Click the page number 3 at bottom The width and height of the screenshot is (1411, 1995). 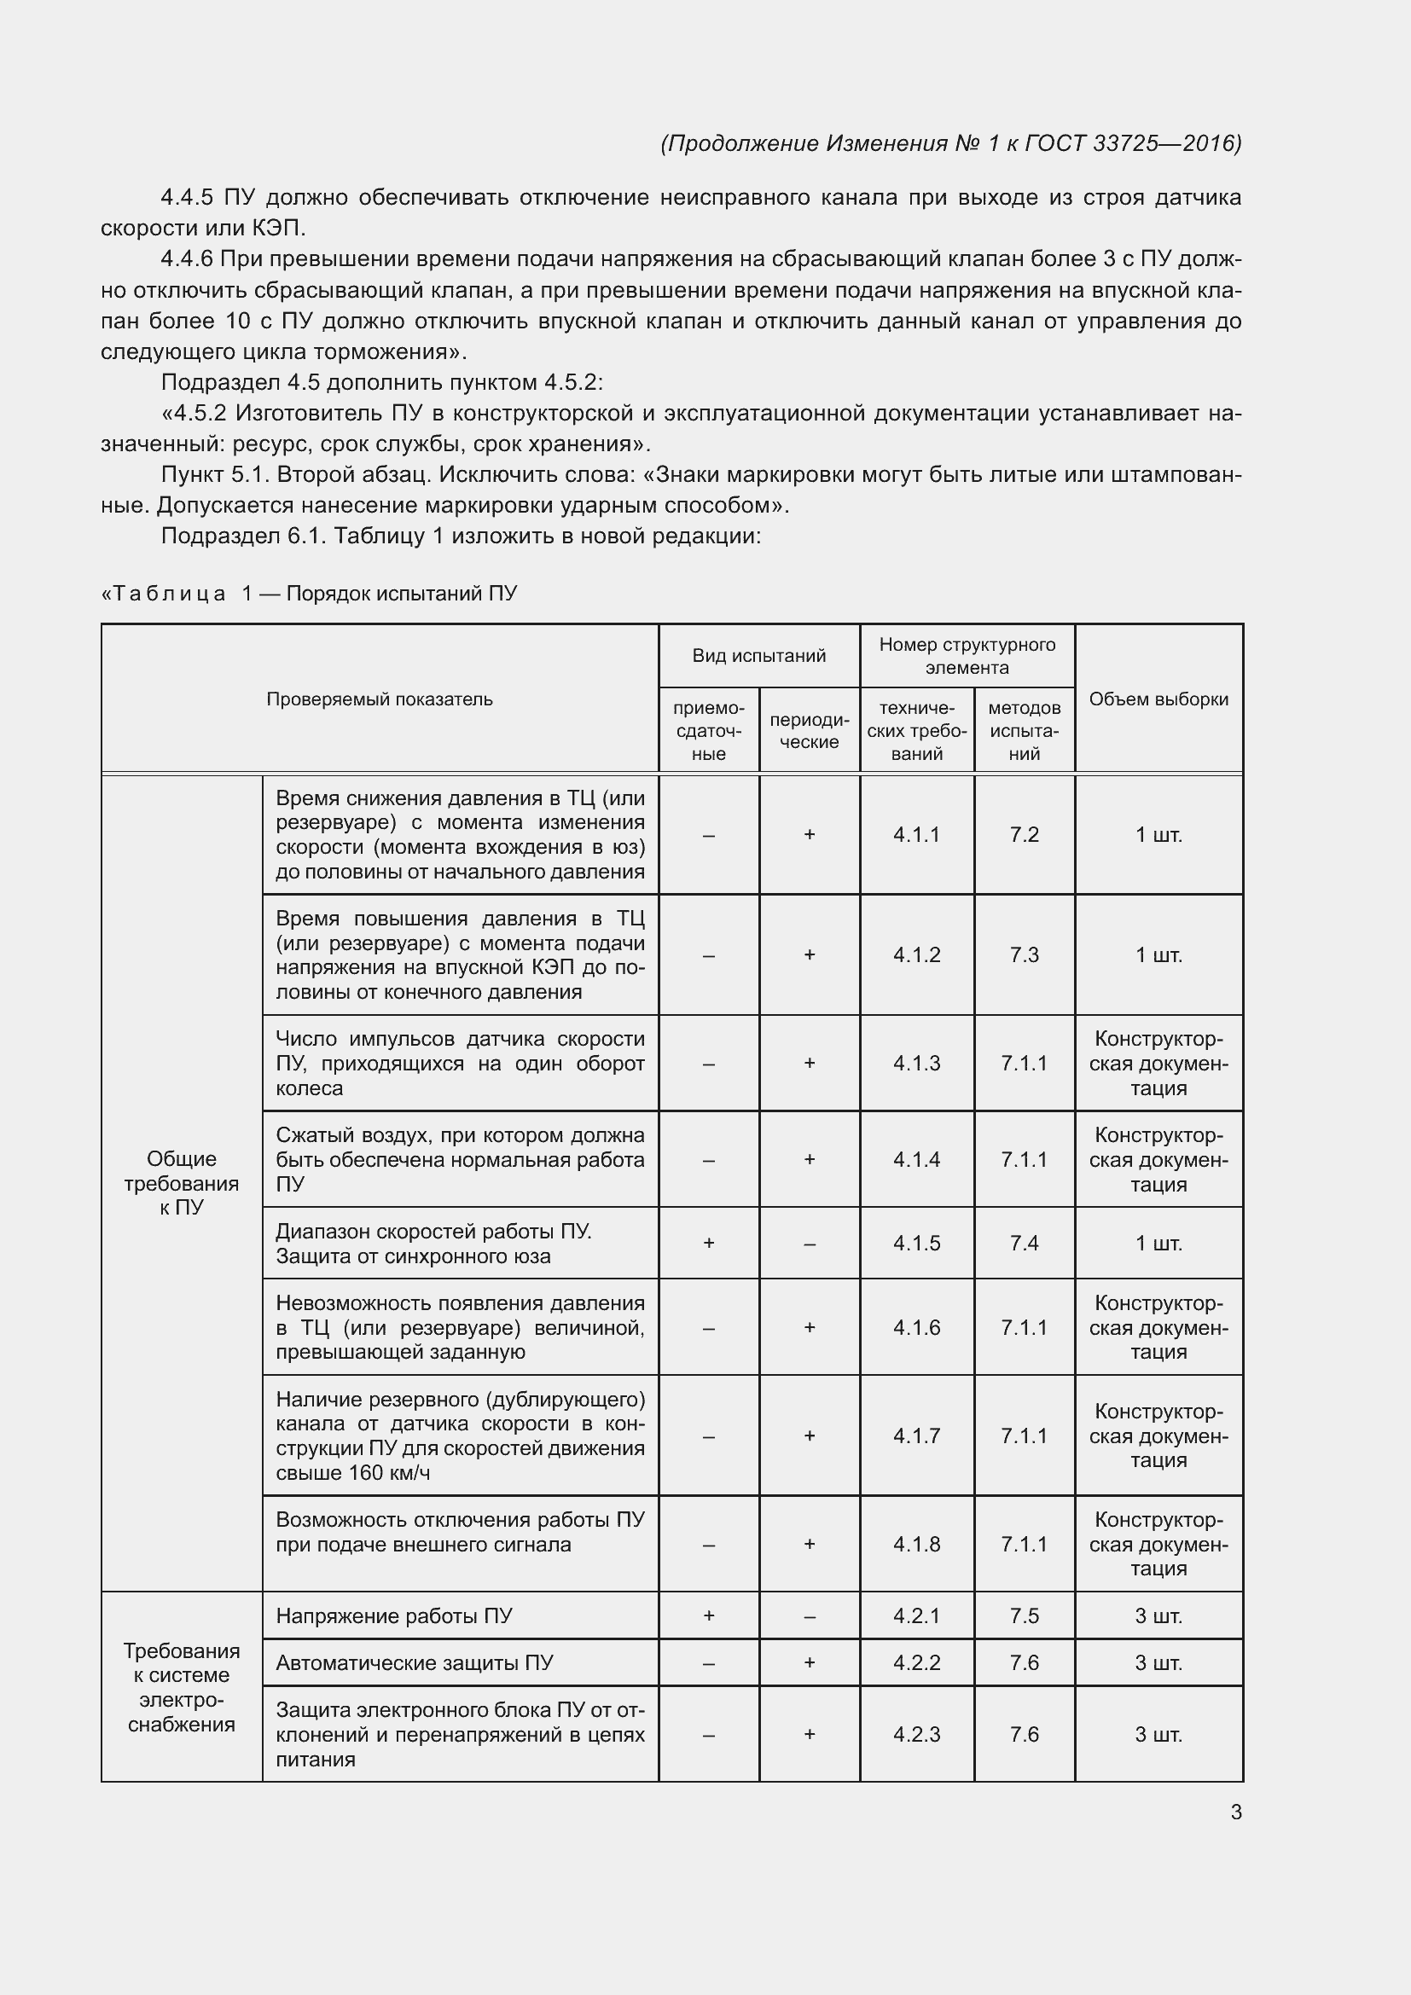[1235, 1812]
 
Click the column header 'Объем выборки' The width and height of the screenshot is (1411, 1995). [1158, 699]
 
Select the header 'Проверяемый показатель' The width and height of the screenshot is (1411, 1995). [379, 699]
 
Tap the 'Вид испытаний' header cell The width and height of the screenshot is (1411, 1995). [758, 655]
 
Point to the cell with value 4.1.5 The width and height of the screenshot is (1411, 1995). [916, 1243]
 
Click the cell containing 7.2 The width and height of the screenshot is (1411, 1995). [1025, 834]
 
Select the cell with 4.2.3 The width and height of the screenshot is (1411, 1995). [916, 1734]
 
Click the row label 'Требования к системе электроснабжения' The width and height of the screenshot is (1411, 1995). [182, 1687]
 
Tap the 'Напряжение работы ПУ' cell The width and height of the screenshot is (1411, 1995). [393, 1615]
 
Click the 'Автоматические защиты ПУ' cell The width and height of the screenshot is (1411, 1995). [415, 1662]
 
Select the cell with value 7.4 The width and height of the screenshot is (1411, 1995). [1025, 1243]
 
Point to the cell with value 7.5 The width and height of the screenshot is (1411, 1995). [1025, 1615]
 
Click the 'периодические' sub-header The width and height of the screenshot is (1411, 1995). [809, 731]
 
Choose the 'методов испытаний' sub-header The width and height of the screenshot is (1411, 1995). [1025, 731]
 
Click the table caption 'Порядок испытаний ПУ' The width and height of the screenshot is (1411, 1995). [402, 594]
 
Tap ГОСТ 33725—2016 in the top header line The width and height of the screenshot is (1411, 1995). [1133, 143]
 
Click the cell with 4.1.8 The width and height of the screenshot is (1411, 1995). [916, 1544]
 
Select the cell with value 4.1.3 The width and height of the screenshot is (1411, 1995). [916, 1063]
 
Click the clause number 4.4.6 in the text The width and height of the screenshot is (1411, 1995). [187, 259]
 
